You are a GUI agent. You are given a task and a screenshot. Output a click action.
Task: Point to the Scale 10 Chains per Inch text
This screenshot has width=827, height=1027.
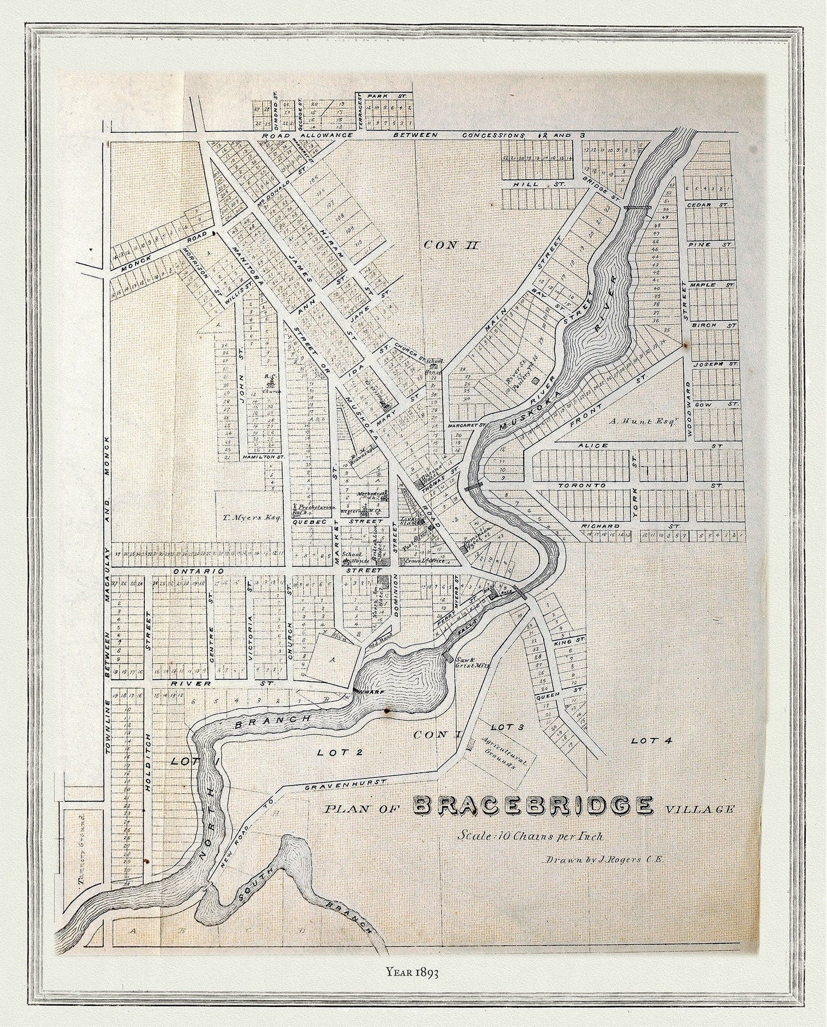(x=530, y=835)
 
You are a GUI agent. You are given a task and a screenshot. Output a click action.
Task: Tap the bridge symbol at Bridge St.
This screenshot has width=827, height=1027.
(x=638, y=207)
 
